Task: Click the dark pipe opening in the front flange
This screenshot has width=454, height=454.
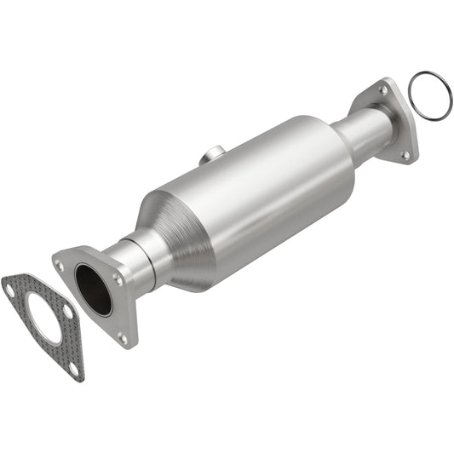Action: point(93,290)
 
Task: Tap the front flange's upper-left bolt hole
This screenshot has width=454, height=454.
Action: point(60,265)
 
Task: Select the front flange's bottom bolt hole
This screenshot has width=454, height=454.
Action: point(122,337)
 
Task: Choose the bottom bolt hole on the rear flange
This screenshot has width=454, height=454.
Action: point(405,155)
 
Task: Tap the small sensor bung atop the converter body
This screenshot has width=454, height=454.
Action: point(213,155)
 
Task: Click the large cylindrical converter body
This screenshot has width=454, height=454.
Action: point(256,196)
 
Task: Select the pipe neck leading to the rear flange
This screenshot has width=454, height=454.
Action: point(362,132)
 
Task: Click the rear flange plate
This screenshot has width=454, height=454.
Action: point(397,119)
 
